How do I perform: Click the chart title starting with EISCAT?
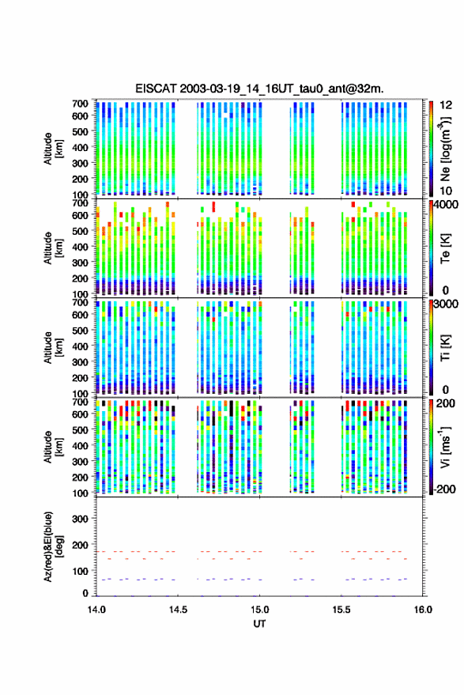tap(259, 89)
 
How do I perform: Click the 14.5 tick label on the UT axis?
tap(178, 610)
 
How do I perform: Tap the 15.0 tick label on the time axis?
tap(260, 610)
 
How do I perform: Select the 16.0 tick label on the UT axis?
tap(423, 610)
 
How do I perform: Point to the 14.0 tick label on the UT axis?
tap(96, 610)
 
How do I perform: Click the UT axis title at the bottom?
tap(259, 624)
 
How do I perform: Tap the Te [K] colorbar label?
tap(445, 248)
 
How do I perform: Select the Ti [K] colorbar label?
tap(445, 348)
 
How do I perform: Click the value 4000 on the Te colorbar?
tap(446, 206)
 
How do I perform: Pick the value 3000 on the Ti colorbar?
tap(446, 304)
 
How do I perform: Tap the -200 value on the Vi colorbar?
tap(445, 489)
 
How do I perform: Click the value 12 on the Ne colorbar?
tap(446, 105)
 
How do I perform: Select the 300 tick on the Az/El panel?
tap(80, 519)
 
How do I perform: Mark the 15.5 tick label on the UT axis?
tap(341, 610)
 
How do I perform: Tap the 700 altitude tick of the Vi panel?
tap(80, 402)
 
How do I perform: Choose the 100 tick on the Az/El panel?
tap(80, 571)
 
